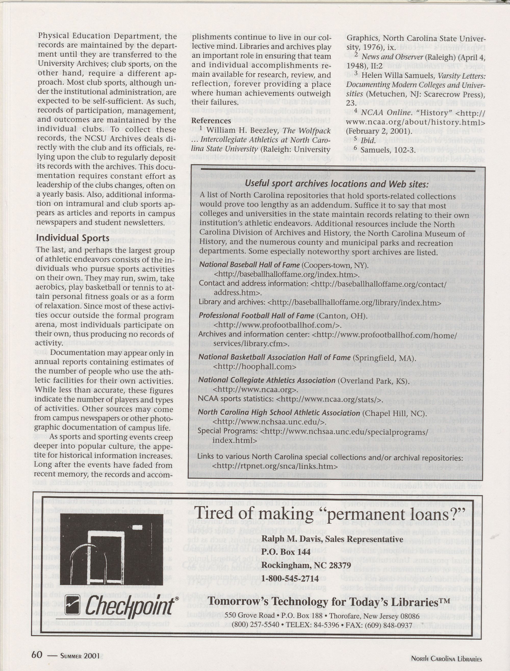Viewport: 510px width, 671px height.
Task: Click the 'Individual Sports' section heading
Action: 73,238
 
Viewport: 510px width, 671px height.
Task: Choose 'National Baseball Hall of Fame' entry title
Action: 249,265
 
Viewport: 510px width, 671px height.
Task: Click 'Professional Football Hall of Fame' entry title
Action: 256,316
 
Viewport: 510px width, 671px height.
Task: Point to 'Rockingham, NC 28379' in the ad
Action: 306,565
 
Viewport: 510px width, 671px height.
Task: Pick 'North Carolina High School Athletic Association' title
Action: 279,413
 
